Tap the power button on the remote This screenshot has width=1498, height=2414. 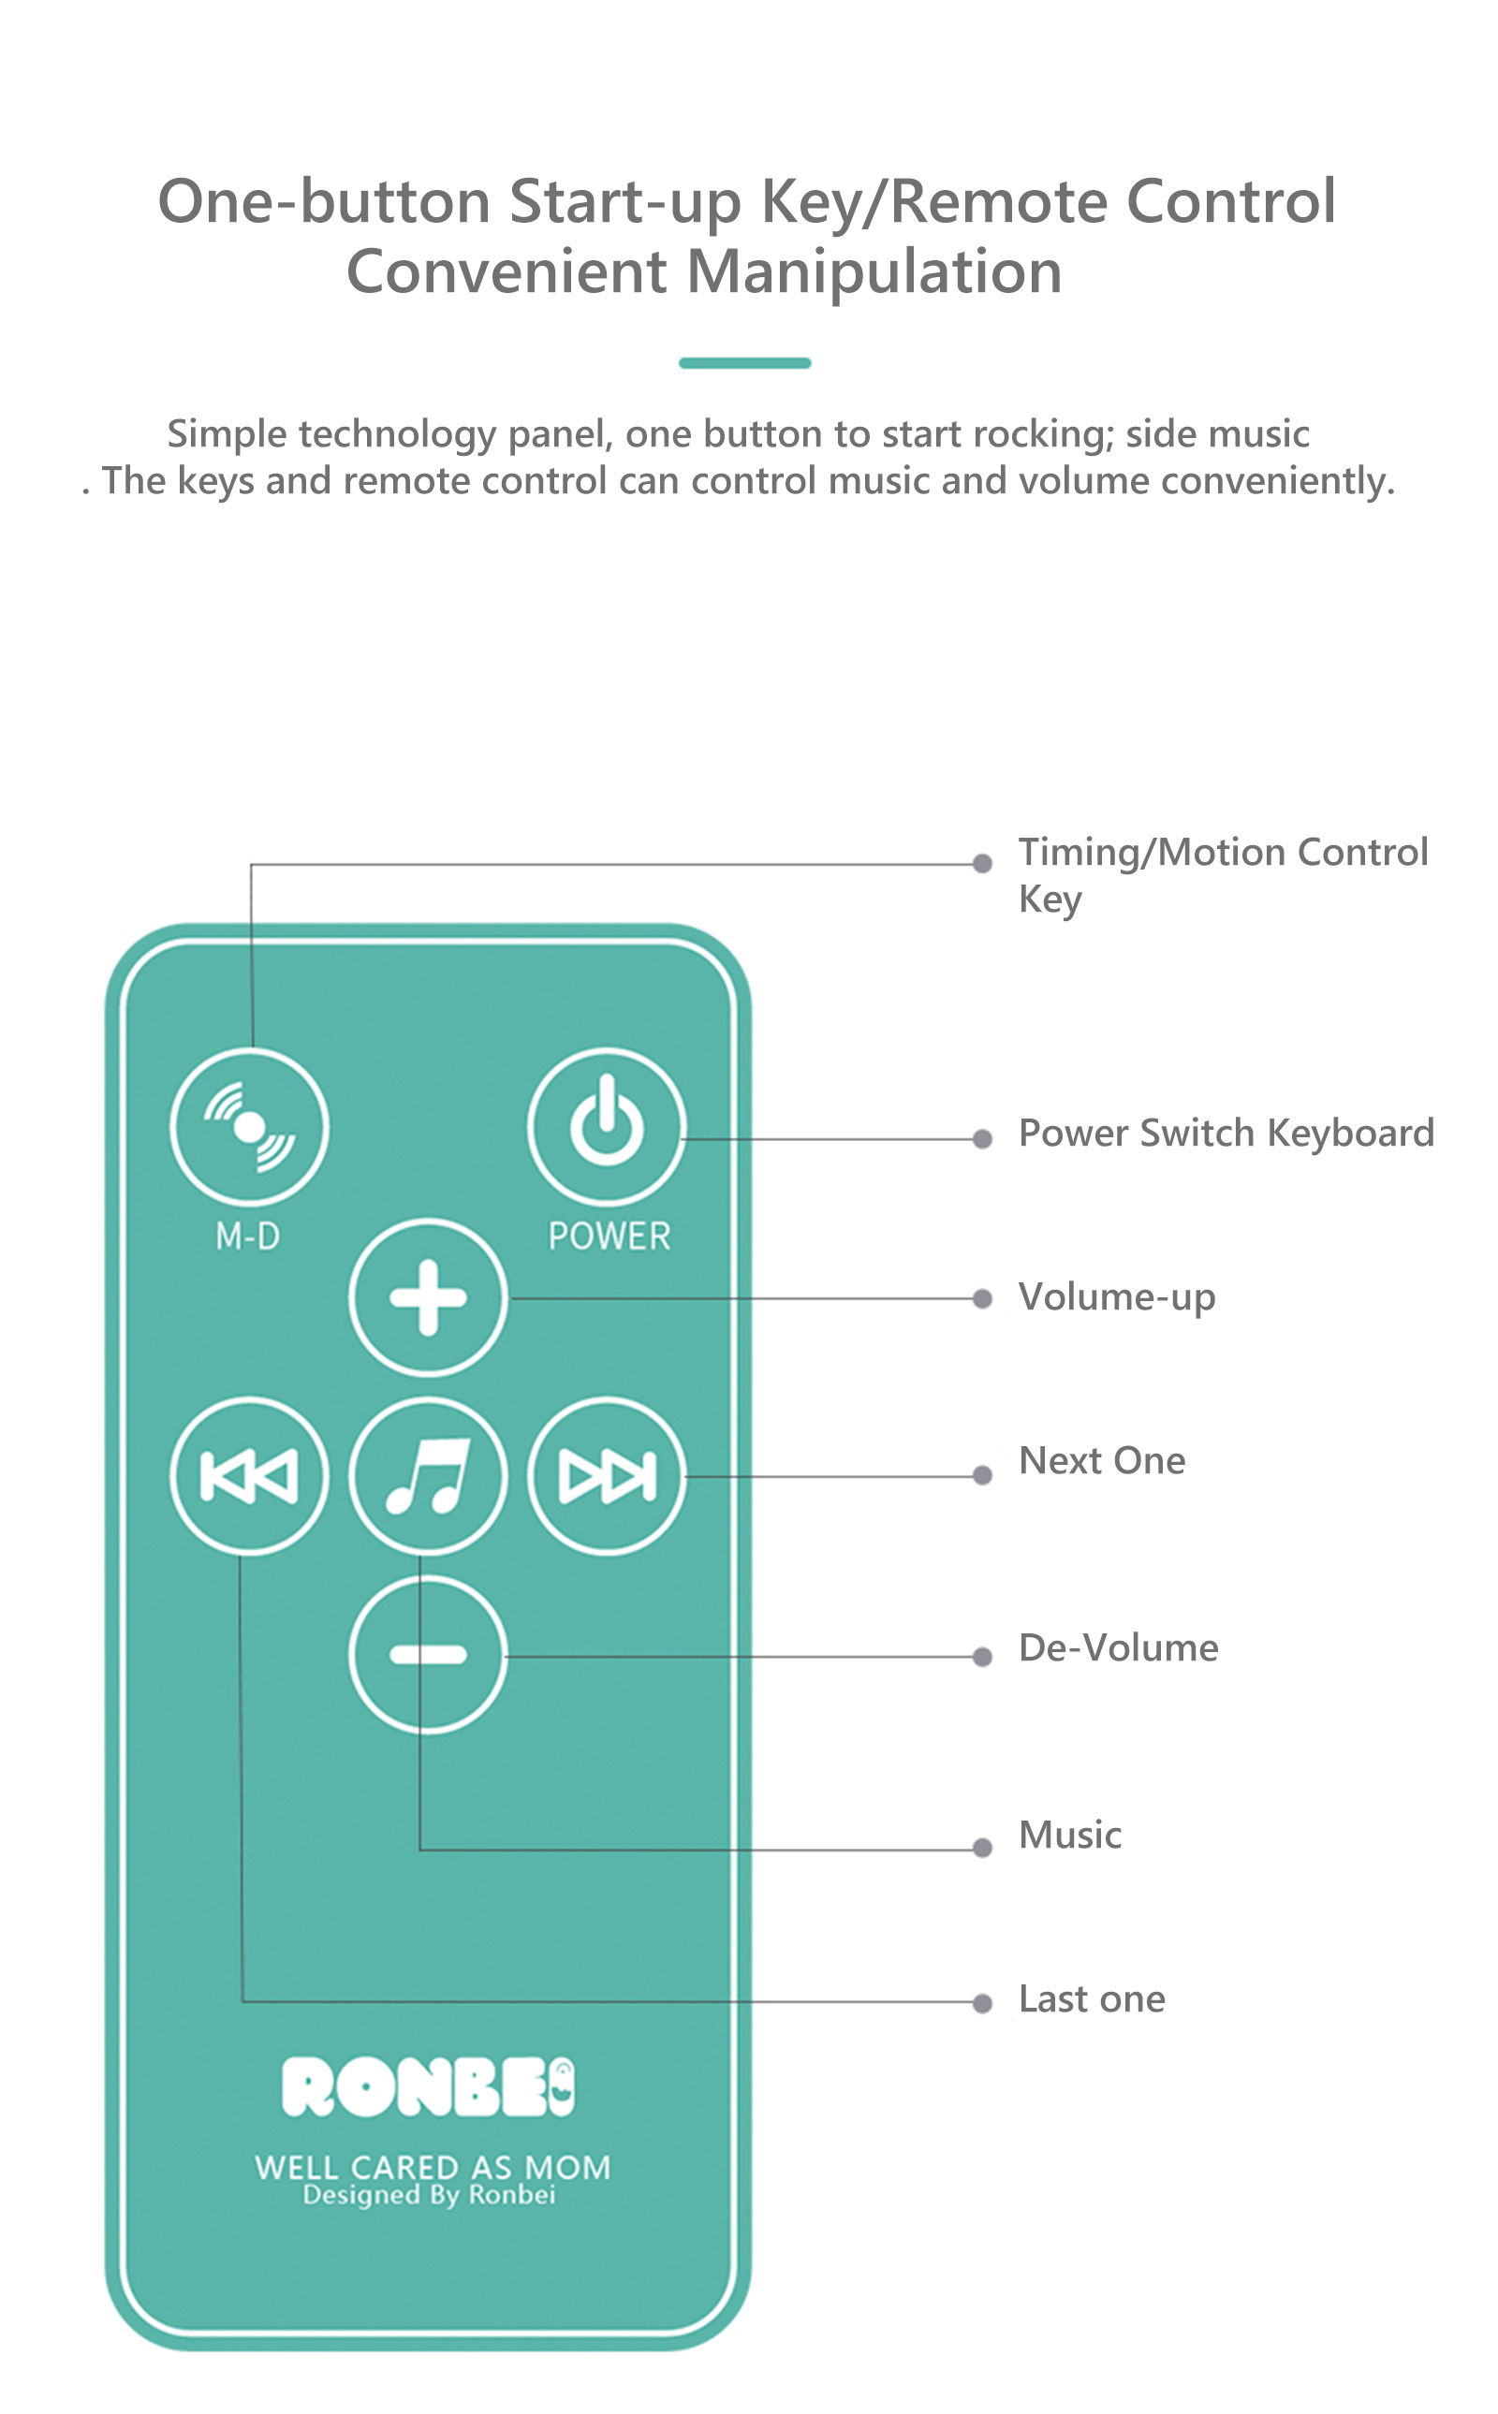pos(607,1127)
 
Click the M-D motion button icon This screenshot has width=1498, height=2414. pos(250,1127)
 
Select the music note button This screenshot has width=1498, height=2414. pos(428,1476)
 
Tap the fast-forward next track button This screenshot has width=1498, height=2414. pos(607,1476)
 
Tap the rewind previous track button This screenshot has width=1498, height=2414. pos(250,1476)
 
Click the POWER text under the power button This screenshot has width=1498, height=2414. pos(609,1236)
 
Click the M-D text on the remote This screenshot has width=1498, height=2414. pos(248,1236)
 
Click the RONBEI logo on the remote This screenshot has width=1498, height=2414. pos(428,2086)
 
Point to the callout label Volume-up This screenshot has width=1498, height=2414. pos(1117,1297)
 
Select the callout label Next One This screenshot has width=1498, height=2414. pos(1102,1460)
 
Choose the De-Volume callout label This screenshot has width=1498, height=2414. pos(1119,1647)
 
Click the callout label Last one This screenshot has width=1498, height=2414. pos(1092,1999)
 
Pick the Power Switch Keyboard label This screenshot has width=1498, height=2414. pos(1226,1134)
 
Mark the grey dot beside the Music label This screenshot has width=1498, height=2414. pos(983,1848)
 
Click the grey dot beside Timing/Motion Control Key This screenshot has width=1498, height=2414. pos(983,864)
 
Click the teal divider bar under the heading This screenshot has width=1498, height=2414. pos(745,362)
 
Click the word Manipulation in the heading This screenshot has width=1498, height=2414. pos(874,272)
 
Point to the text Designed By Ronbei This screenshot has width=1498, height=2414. pos(429,2194)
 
